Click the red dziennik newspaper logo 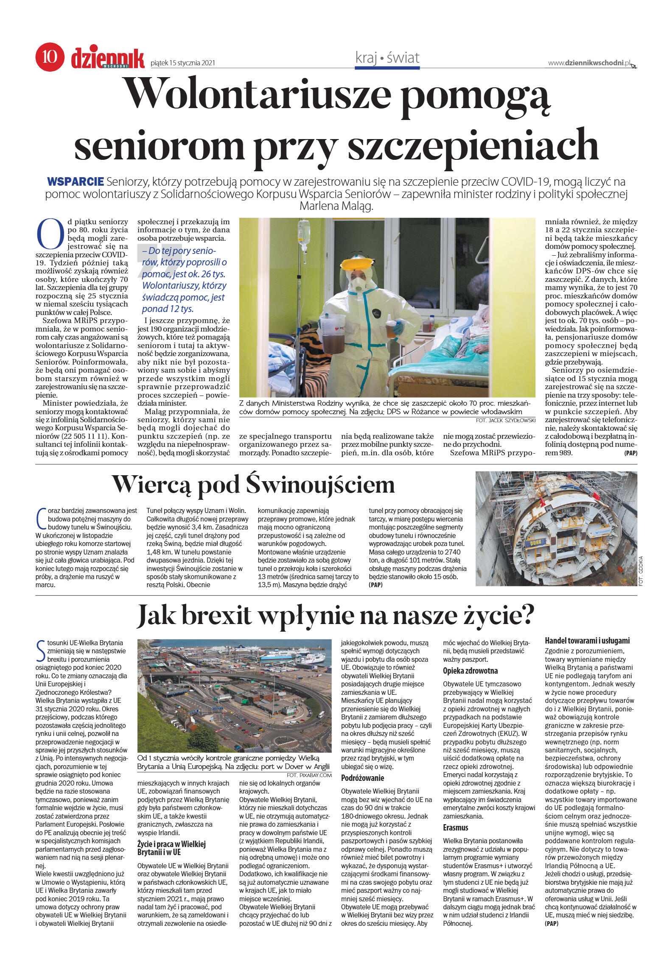click(108, 59)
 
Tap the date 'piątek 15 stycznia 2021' click(183, 63)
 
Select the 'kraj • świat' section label click(387, 58)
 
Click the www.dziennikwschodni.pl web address click(589, 63)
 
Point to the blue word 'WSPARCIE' click(76, 182)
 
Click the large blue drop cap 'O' click(50, 234)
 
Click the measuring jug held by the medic click(332, 332)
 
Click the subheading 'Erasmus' click(455, 828)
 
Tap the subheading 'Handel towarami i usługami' click(587, 641)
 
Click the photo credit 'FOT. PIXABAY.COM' click(309, 775)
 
